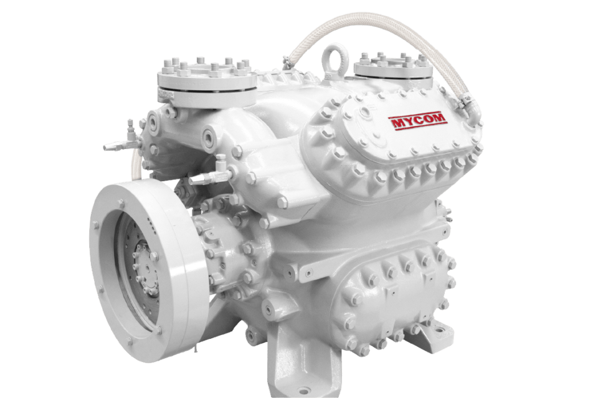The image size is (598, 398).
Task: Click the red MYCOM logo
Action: tap(417, 123)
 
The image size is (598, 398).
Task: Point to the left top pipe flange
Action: tap(207, 81)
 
